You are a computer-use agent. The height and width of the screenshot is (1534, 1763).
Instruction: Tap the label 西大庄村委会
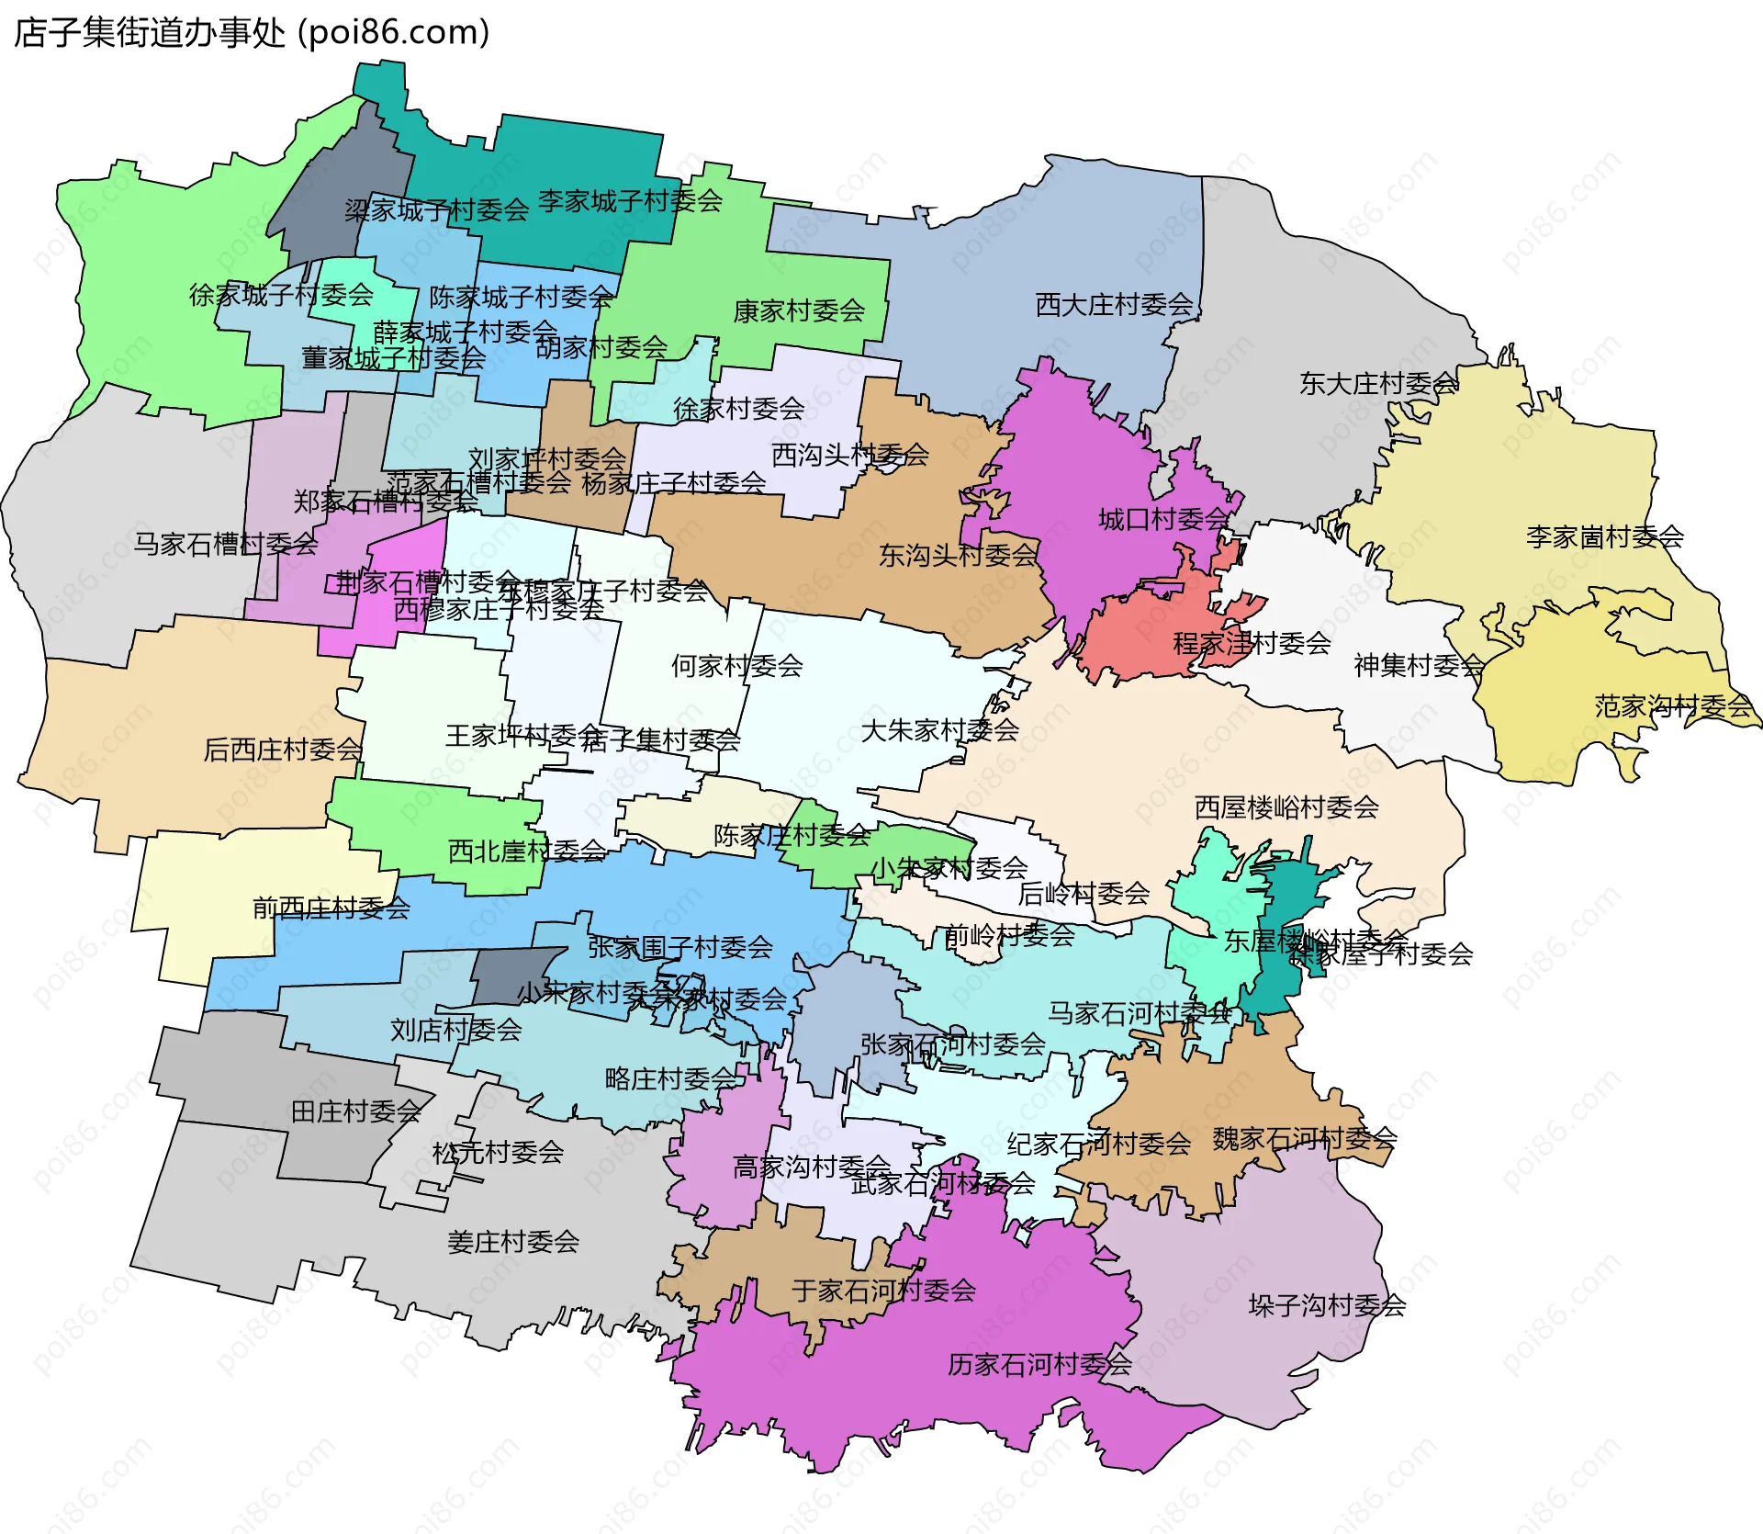[1114, 305]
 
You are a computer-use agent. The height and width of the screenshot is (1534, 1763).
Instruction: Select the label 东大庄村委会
[1378, 384]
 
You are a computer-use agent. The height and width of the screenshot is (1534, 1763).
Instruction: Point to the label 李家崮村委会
[1604, 536]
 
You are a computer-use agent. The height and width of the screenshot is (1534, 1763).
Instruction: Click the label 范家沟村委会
[1673, 706]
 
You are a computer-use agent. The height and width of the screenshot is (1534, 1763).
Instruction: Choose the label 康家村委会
[799, 311]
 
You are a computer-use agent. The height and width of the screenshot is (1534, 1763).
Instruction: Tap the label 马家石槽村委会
[225, 545]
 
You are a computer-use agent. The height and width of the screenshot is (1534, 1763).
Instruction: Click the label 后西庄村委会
[283, 750]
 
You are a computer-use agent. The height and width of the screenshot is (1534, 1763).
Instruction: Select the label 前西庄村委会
[331, 908]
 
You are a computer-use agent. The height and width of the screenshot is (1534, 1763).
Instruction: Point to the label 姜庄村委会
[513, 1242]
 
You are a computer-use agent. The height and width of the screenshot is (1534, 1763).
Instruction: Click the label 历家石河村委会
[1039, 1364]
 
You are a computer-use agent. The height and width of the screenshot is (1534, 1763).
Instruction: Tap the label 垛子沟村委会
[1327, 1305]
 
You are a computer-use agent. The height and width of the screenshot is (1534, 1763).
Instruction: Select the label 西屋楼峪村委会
[1286, 807]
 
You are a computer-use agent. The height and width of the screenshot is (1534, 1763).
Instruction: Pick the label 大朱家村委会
[939, 730]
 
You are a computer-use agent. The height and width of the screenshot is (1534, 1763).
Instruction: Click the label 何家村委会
[736, 666]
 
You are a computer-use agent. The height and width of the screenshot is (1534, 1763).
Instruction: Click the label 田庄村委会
[355, 1111]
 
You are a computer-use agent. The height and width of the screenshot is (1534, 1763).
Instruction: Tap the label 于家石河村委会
[883, 1291]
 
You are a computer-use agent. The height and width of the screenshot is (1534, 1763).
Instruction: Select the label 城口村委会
[1162, 520]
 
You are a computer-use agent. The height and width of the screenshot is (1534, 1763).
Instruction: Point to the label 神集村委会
[1419, 665]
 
